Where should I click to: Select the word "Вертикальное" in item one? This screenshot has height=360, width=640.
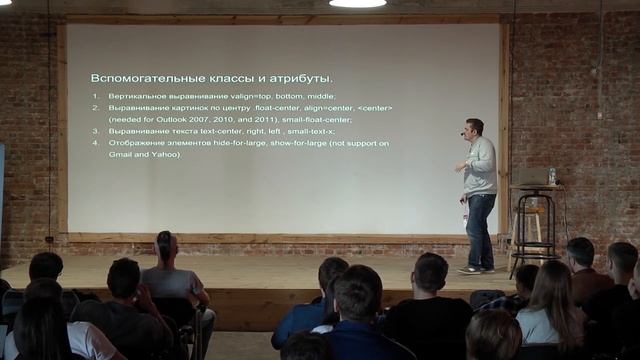[x=136, y=96]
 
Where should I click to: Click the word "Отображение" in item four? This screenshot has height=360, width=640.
[x=135, y=144]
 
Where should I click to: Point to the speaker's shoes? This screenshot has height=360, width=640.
[x=476, y=269]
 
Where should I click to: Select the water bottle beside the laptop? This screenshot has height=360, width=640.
[x=551, y=176]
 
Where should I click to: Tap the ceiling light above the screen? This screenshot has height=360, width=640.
[x=357, y=4]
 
